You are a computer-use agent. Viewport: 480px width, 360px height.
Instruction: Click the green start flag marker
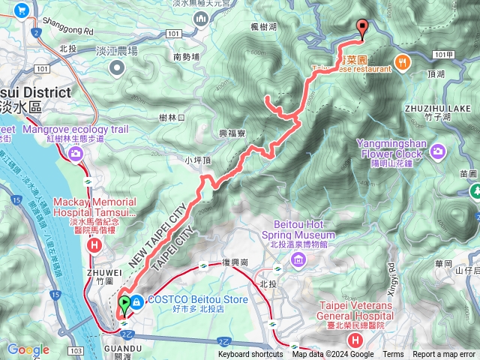(x=124, y=304)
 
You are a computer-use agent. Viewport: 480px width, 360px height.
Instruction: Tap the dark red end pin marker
(x=363, y=28)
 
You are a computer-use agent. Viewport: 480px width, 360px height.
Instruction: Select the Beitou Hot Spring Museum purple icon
(x=299, y=260)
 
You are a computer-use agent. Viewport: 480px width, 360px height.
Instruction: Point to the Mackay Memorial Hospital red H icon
(x=94, y=244)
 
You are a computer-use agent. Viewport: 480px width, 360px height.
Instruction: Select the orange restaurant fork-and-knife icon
(x=403, y=64)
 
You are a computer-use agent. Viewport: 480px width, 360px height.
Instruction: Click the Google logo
(x=28, y=349)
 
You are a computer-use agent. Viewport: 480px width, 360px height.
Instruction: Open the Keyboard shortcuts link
(x=250, y=355)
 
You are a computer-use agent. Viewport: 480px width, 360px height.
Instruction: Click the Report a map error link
(x=444, y=355)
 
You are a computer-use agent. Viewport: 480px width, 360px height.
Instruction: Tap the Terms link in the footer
(x=393, y=355)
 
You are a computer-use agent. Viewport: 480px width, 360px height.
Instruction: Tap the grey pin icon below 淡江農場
(x=117, y=69)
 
